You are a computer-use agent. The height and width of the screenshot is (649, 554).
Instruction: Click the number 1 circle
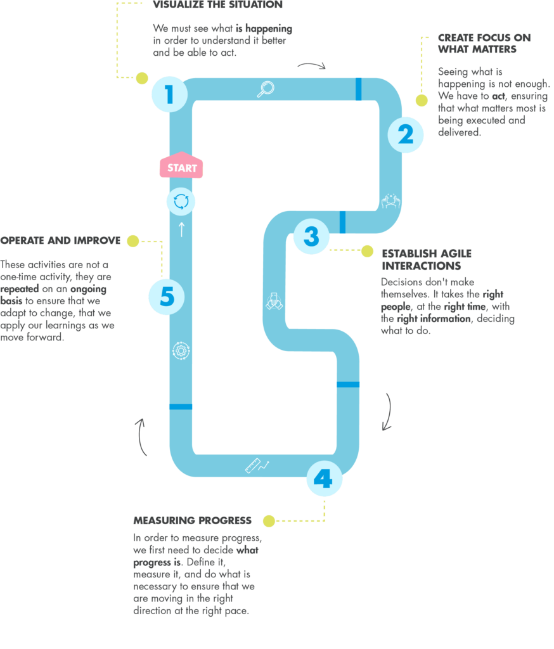pyautogui.click(x=169, y=95)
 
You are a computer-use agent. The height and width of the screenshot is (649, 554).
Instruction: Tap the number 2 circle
pyautogui.click(x=405, y=134)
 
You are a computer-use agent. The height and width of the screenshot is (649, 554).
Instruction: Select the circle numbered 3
pyautogui.click(x=311, y=236)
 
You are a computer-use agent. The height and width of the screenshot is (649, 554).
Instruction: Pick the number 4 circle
pyautogui.click(x=324, y=479)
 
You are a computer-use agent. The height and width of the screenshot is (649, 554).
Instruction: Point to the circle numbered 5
pyautogui.click(x=167, y=297)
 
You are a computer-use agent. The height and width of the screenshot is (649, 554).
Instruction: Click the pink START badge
pyautogui.click(x=181, y=167)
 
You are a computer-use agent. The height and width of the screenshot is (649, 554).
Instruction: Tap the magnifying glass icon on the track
pyautogui.click(x=265, y=89)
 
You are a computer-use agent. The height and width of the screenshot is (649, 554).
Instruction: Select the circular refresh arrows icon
pyautogui.click(x=181, y=202)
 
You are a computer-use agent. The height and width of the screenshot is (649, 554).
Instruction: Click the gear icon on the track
pyautogui.click(x=181, y=350)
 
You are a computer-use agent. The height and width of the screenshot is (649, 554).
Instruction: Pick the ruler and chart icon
pyautogui.click(x=257, y=466)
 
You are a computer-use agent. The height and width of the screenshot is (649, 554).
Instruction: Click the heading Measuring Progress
pyautogui.click(x=192, y=520)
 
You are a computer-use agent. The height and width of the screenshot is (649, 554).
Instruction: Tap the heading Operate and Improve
pyautogui.click(x=60, y=241)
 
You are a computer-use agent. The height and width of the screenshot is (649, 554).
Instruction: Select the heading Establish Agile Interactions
pyautogui.click(x=426, y=259)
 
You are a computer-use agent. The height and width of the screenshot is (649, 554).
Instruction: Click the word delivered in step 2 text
pyautogui.click(x=460, y=132)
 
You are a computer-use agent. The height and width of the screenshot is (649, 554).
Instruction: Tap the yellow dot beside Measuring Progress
pyautogui.click(x=269, y=521)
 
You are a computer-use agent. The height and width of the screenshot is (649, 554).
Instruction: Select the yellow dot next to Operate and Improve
pyautogui.click(x=132, y=241)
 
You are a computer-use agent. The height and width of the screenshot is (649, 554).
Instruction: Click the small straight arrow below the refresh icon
pyautogui.click(x=181, y=229)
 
